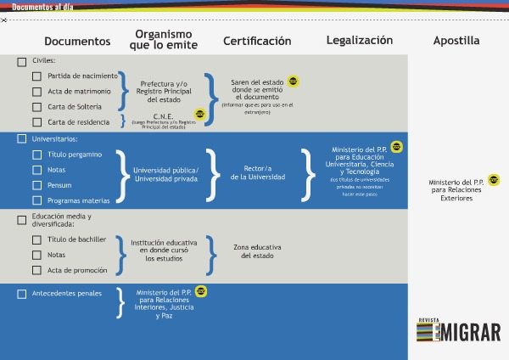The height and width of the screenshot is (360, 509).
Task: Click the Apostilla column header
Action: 456,40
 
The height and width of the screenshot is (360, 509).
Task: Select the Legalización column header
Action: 360,40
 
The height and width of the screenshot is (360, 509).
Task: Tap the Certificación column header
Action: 257,41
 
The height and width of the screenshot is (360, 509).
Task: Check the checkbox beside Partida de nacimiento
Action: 36,76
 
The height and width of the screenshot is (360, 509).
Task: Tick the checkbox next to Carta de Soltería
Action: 36,107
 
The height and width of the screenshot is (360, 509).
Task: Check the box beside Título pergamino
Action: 36,155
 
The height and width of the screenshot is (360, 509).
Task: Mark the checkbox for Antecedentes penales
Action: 21,294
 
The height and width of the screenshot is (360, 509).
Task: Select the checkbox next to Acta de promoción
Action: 36,270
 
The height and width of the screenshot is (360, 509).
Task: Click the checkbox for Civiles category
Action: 21,61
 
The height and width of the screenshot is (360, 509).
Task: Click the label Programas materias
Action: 79,200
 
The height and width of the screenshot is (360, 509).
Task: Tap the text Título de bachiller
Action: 77,239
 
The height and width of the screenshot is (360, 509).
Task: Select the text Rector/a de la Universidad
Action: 257,172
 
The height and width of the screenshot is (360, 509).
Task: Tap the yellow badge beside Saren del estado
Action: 293,82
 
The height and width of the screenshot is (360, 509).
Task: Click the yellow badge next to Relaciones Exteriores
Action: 494,179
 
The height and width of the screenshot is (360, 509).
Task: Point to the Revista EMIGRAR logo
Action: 458,330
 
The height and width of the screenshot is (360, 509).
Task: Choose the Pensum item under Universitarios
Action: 59,185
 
